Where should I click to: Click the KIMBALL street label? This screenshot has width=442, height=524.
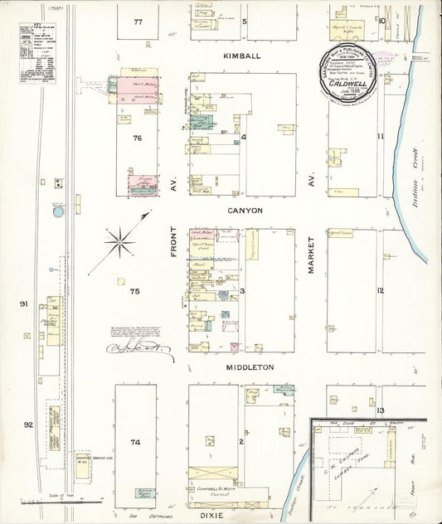click(240, 56)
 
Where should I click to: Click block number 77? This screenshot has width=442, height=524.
click(138, 22)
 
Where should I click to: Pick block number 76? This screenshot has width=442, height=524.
click(138, 138)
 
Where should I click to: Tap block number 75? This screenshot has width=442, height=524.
click(134, 291)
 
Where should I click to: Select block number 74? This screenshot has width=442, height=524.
click(135, 443)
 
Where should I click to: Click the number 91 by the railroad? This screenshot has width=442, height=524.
click(25, 304)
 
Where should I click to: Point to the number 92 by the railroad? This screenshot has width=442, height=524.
click(27, 425)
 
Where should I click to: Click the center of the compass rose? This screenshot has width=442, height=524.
click(121, 241)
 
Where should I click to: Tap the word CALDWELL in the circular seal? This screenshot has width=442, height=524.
click(347, 83)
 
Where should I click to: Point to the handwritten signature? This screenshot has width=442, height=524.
click(139, 349)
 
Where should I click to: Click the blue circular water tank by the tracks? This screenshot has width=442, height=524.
click(57, 212)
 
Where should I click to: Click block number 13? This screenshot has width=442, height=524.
click(380, 410)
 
